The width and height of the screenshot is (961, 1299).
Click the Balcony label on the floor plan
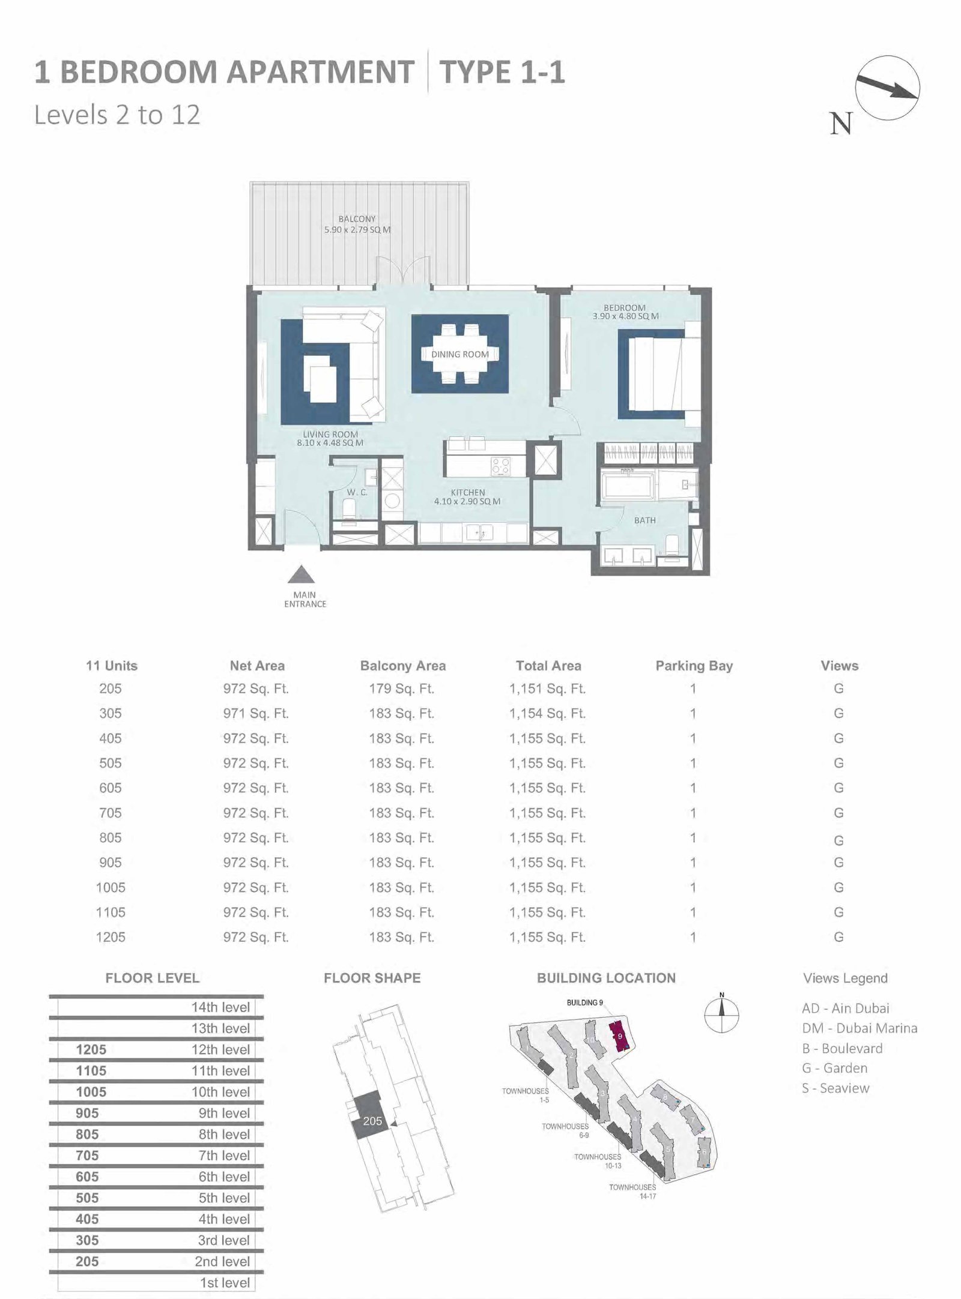[x=357, y=219]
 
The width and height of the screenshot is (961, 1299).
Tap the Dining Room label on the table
[x=460, y=354]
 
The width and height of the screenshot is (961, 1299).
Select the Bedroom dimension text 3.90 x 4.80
[x=625, y=316]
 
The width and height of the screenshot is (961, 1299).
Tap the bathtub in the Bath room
[x=627, y=484]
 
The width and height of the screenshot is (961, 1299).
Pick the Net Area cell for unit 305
[x=256, y=714]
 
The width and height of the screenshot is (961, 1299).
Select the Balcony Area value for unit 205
[x=401, y=689]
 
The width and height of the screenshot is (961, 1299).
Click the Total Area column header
[x=548, y=666]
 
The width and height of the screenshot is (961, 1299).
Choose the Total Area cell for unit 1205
[x=547, y=937]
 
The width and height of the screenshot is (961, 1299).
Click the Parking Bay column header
[x=694, y=666]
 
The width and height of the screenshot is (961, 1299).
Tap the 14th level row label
[x=220, y=1007]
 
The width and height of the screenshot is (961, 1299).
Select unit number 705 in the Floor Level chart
[x=87, y=1156]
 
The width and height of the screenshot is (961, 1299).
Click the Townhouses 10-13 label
[x=598, y=1161]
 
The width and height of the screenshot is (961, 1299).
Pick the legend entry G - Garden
[x=835, y=1068]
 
